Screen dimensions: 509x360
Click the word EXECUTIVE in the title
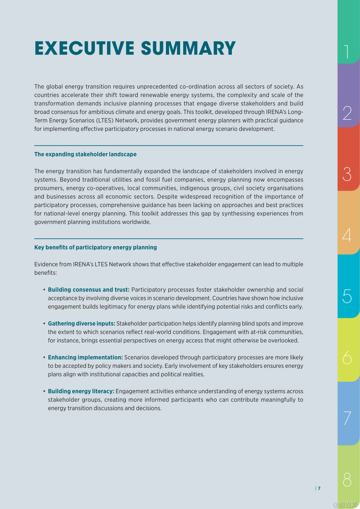(84, 48)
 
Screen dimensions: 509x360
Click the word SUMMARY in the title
(188, 48)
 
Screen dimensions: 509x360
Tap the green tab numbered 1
(348, 32)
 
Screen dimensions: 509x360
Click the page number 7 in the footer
(319, 489)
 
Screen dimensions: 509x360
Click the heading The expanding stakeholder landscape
(85, 154)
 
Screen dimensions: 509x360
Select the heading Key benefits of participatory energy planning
(95, 247)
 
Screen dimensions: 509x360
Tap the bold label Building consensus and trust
(89, 290)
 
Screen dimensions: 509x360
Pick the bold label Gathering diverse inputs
(81, 324)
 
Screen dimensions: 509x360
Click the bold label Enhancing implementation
(85, 358)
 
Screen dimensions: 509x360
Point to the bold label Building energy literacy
(81, 392)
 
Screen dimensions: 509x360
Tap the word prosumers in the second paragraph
(49, 188)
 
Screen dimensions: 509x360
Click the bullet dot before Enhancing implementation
(44, 358)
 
